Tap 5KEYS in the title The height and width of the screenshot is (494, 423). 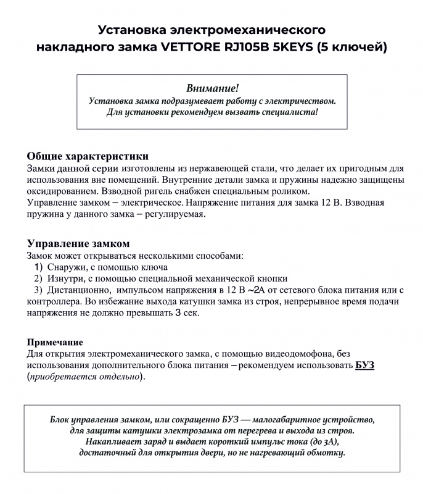coord(295,47)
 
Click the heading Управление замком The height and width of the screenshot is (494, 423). coord(78,243)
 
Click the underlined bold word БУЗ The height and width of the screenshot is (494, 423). coord(365,365)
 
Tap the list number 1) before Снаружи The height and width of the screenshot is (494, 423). coord(38,267)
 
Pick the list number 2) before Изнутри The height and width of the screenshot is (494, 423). coord(38,278)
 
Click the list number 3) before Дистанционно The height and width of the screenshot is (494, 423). coord(38,290)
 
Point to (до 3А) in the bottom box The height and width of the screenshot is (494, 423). coord(321,442)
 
